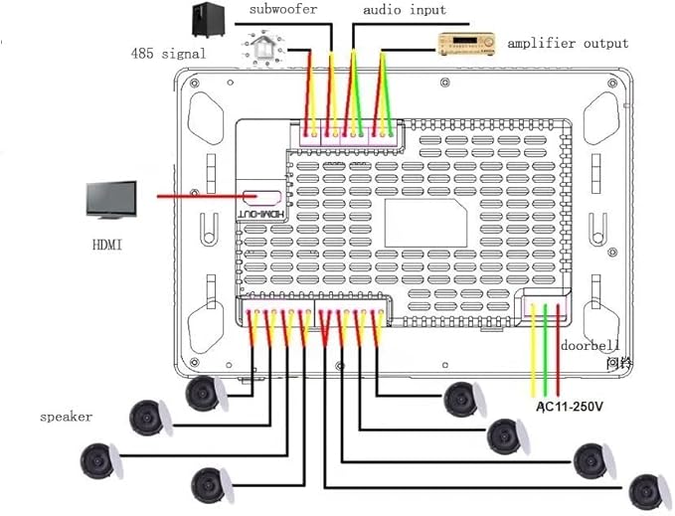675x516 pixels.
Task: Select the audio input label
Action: coord(404,10)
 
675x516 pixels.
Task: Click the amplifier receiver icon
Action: coord(467,43)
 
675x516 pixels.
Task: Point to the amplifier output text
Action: coord(568,43)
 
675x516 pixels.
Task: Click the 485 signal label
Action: coord(169,53)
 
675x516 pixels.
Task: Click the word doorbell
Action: coord(590,346)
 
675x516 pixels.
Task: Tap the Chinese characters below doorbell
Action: coord(620,364)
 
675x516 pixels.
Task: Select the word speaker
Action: coord(66,417)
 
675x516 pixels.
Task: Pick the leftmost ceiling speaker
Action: coord(102,459)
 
